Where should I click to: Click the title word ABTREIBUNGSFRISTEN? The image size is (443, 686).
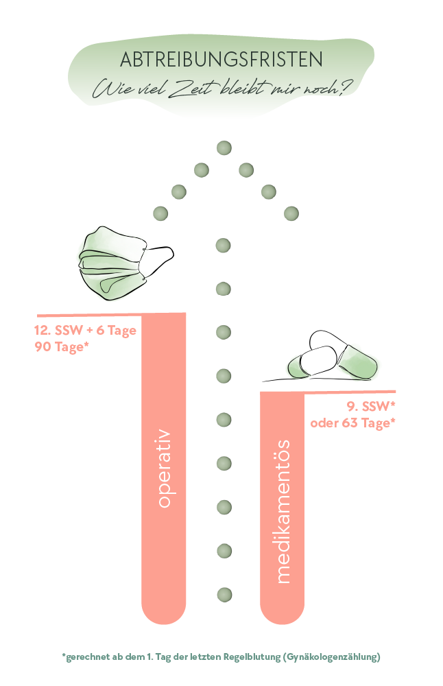(x=221, y=60)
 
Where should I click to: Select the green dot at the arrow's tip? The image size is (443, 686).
(x=224, y=148)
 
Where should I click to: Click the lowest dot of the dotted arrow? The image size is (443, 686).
(x=224, y=595)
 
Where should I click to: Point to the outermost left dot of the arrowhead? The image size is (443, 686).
(x=160, y=213)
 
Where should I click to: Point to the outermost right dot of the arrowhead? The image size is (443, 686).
(x=291, y=213)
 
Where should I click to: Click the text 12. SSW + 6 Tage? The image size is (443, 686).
(x=85, y=331)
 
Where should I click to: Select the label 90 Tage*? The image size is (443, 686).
(x=62, y=347)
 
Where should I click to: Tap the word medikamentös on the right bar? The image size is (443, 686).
(x=283, y=512)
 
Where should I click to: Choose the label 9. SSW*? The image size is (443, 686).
(x=371, y=406)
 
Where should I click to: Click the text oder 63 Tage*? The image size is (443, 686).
(x=353, y=423)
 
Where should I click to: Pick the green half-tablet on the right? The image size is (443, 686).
(x=357, y=361)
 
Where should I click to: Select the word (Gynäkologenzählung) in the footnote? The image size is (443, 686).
(x=332, y=657)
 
